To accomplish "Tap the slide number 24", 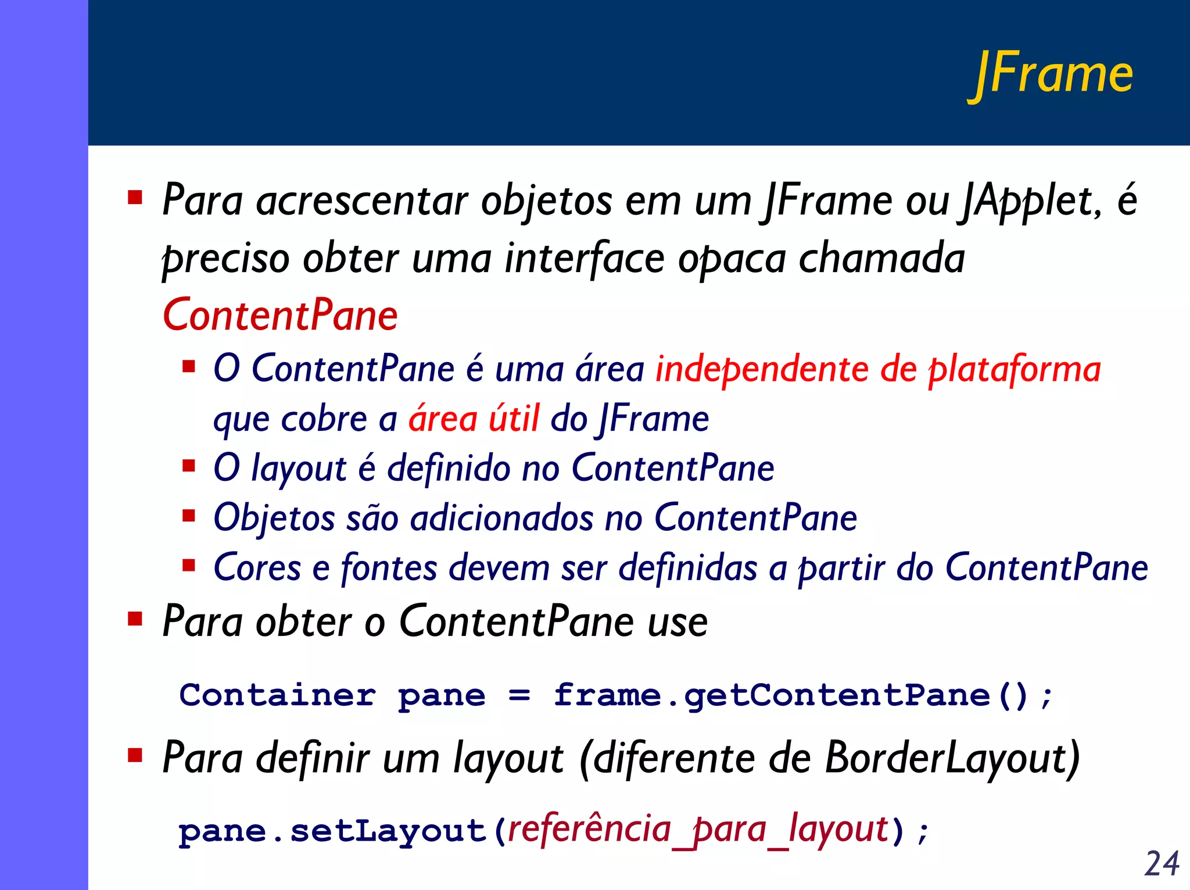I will (x=1162, y=863).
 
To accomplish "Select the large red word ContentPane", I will (x=280, y=315).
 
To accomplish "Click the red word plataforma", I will (x=1014, y=370).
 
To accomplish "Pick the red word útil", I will (x=514, y=419).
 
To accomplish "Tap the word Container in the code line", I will (x=278, y=695).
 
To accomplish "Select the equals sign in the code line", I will (x=519, y=696).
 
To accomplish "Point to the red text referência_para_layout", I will (x=698, y=830).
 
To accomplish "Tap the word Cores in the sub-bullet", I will (x=257, y=568).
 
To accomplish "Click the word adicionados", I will (x=501, y=518).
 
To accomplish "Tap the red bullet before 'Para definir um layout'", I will (x=135, y=755).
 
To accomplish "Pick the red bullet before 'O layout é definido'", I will (x=188, y=466).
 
